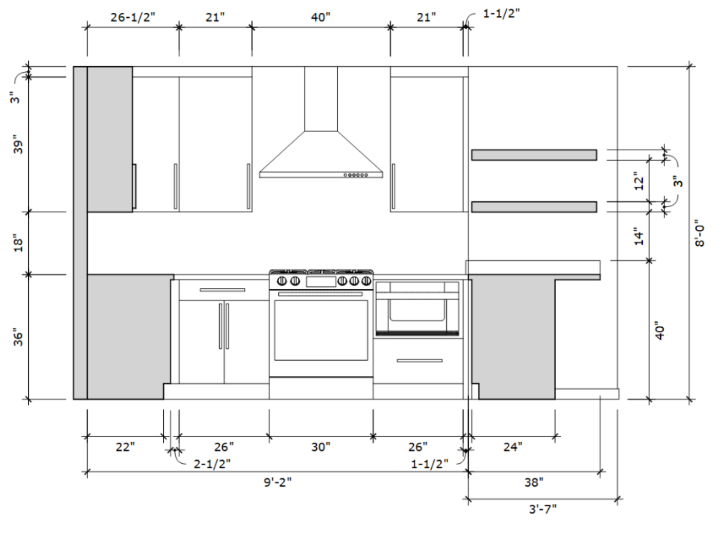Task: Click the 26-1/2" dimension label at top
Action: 133,17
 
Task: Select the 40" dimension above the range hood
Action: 321,17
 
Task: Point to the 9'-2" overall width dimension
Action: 277,482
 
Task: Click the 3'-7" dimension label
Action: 543,509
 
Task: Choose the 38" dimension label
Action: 534,482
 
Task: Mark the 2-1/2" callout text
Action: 212,464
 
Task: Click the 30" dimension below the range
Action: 321,447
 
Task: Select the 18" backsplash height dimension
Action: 18,243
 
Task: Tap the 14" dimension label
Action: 639,236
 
